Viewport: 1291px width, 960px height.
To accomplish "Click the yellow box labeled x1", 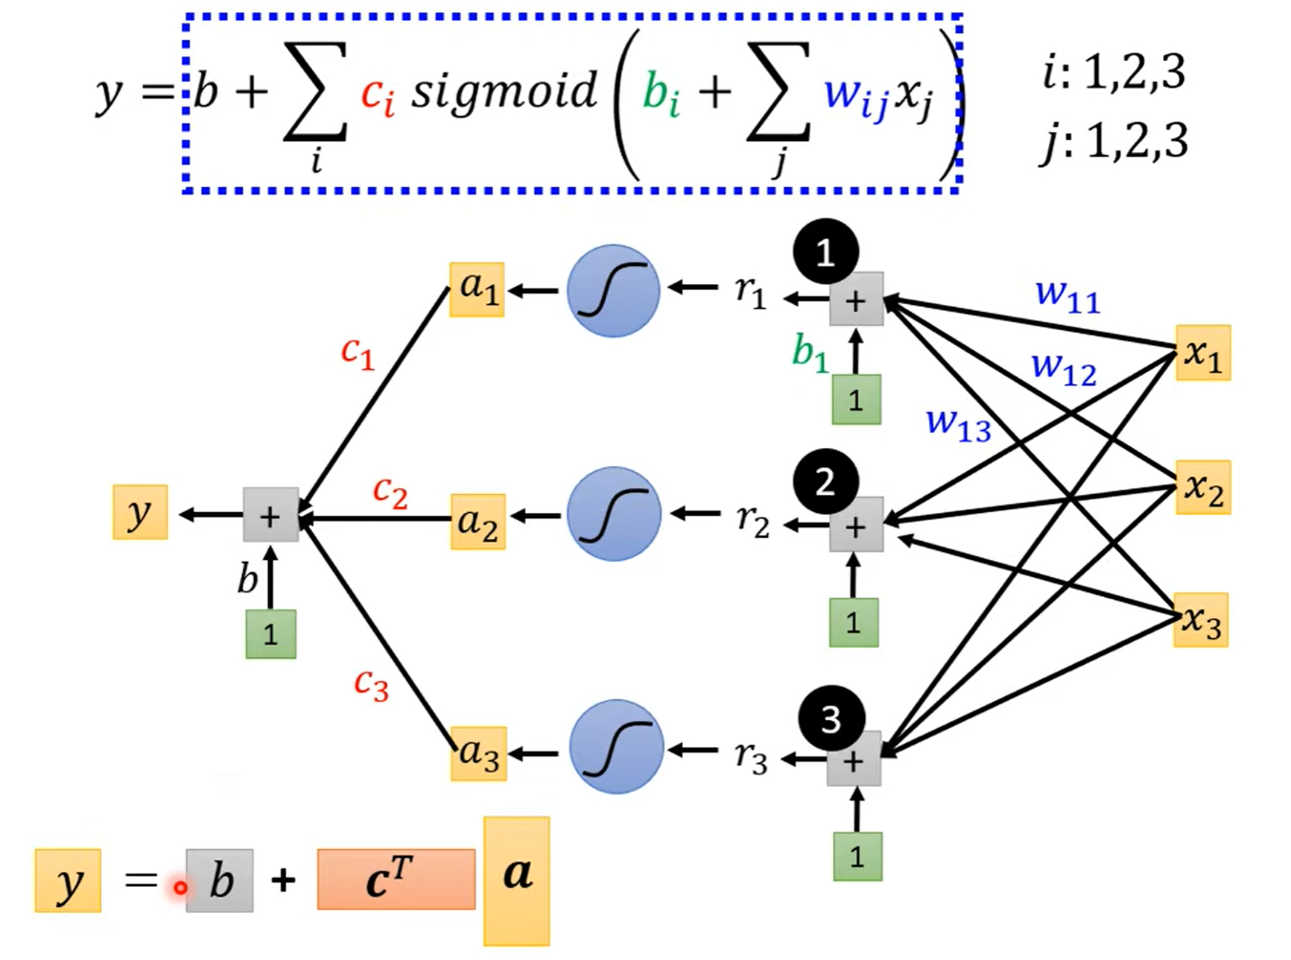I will coord(1202,353).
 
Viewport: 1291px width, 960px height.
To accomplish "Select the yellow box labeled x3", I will coord(1201,620).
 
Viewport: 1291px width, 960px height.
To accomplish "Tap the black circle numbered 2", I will coord(825,482).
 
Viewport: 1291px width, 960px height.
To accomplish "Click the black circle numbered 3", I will coord(831,719).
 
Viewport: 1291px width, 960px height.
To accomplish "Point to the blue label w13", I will coord(958,424).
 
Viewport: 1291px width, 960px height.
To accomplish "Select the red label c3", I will coord(371,684).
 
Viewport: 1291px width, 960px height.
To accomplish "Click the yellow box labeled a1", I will coord(477,290).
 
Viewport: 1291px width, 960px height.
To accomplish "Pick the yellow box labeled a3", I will coord(478,754).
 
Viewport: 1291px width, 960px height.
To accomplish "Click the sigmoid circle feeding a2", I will coord(613,514).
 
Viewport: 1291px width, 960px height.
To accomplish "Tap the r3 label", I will coord(750,757).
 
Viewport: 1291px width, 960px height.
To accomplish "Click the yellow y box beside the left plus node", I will coord(140,512).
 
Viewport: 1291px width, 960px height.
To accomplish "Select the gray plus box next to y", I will coord(270,515).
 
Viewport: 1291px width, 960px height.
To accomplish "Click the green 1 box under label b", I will coord(270,634).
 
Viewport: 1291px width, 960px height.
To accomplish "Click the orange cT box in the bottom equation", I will coord(396,880).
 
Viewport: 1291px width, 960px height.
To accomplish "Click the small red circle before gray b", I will coord(180,888).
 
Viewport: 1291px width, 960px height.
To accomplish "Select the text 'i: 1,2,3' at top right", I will coord(1114,73).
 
